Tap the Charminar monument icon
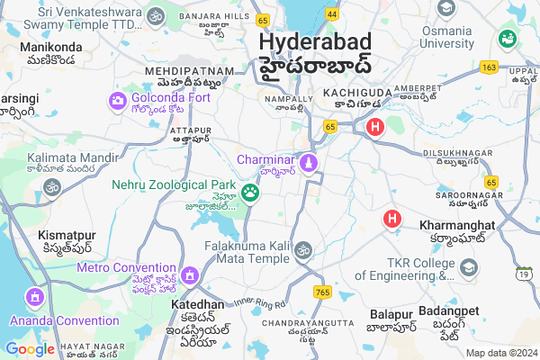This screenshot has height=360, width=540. (310, 162)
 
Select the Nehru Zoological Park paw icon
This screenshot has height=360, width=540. (250, 193)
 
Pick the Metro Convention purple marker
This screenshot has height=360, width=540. (189, 274)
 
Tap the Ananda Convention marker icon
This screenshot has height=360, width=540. (34, 296)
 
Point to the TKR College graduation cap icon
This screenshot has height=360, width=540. (469, 267)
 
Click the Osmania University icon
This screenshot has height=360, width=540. (445, 8)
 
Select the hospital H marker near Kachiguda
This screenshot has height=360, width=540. (374, 128)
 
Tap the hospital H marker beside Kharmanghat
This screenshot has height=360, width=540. (392, 218)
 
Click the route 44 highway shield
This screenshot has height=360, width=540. (332, 14)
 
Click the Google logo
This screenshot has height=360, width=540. (30, 348)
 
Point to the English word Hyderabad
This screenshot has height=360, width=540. (311, 41)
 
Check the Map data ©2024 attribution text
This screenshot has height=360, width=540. (499, 353)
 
